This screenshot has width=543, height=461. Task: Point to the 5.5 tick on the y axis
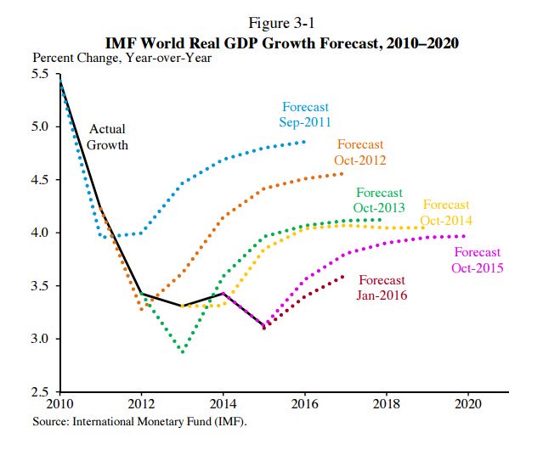(41, 74)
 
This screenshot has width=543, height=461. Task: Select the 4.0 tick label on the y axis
(41, 233)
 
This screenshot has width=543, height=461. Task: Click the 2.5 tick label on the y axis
(41, 391)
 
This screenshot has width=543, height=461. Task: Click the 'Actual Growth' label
(107, 138)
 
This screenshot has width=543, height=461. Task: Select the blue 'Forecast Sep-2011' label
(305, 115)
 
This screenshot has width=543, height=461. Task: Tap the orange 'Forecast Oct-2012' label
(360, 152)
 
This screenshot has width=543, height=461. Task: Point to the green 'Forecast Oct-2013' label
(379, 200)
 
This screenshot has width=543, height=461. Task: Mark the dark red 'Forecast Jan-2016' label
(382, 288)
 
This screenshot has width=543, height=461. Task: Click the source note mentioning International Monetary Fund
(140, 421)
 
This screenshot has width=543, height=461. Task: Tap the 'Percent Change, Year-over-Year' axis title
(122, 58)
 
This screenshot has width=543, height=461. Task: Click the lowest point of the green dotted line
(182, 351)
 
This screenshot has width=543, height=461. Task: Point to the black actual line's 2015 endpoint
(263, 327)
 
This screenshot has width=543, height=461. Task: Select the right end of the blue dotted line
(304, 142)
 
